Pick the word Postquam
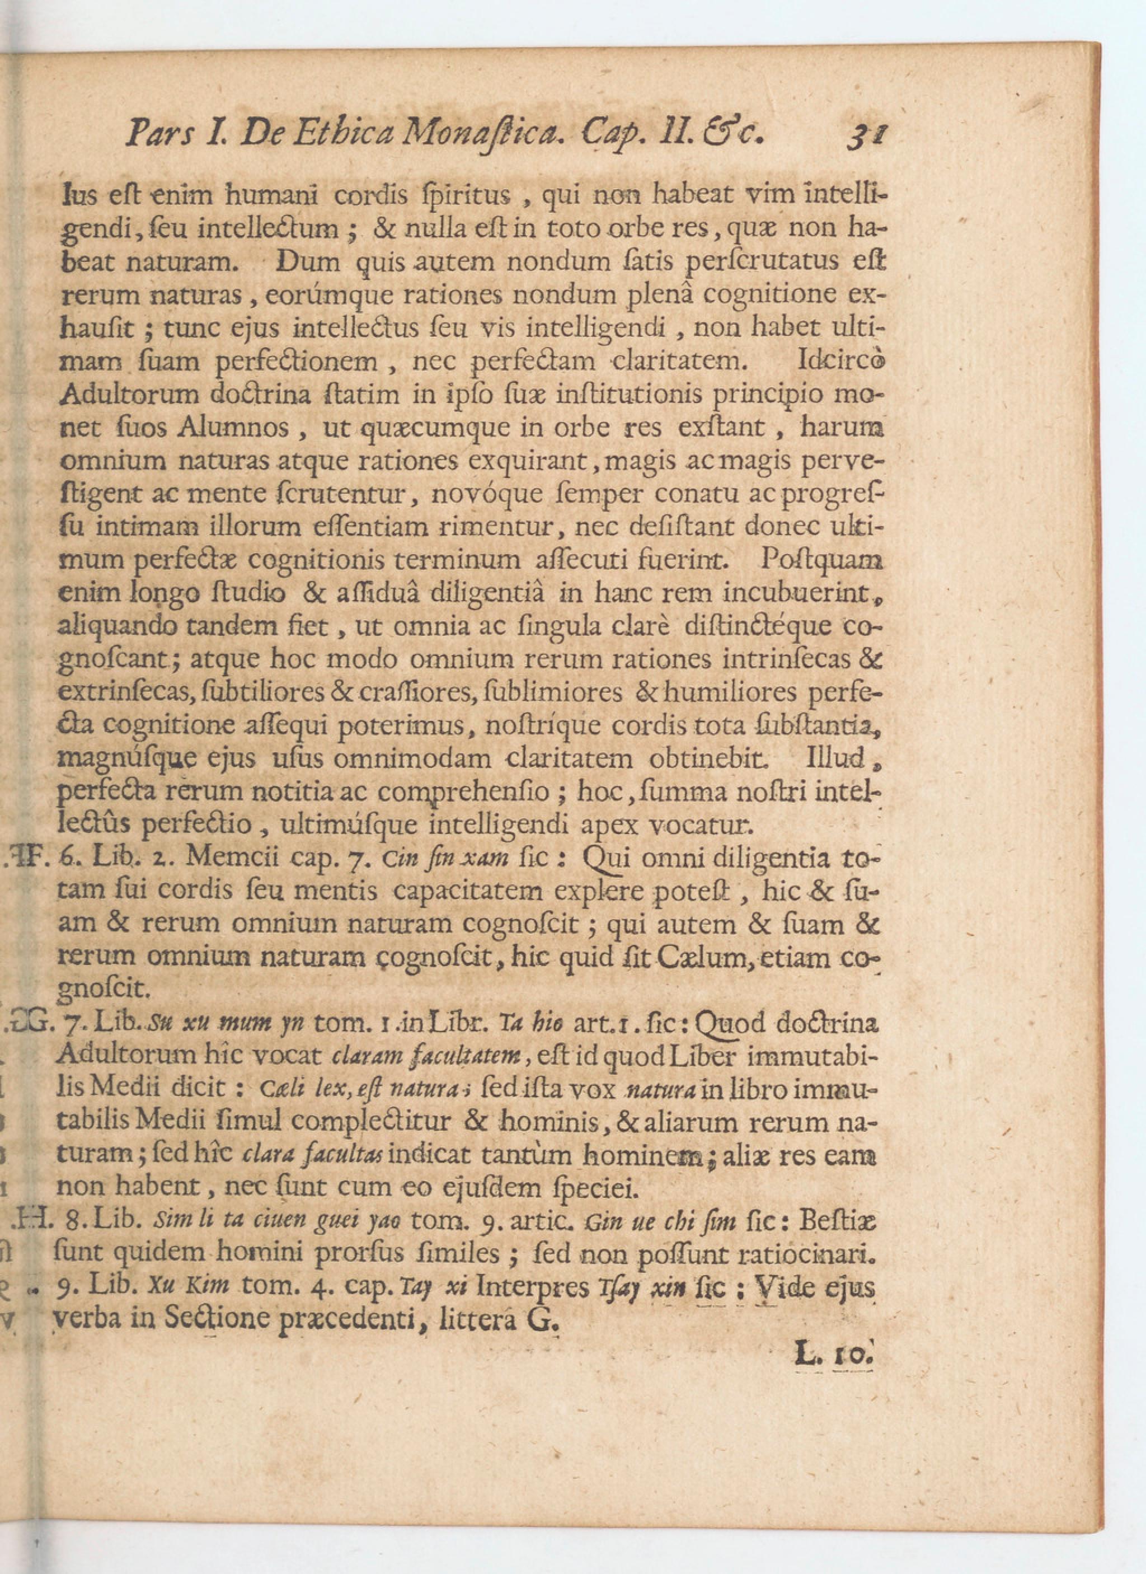pos(822,559)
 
